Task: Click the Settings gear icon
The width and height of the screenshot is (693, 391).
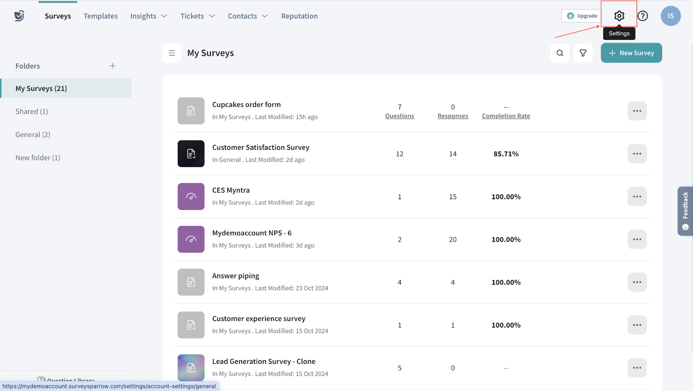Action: pyautogui.click(x=619, y=16)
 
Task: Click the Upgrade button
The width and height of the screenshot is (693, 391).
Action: pyautogui.click(x=582, y=16)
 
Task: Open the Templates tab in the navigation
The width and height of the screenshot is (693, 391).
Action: pyautogui.click(x=100, y=16)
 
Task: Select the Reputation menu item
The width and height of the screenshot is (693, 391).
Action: pyautogui.click(x=299, y=16)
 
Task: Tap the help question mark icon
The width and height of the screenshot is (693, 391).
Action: pyautogui.click(x=643, y=16)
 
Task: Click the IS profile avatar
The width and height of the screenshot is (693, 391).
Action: pyautogui.click(x=670, y=16)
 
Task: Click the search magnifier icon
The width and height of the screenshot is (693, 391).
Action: pyautogui.click(x=560, y=53)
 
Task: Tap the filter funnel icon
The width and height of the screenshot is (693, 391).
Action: pyautogui.click(x=583, y=53)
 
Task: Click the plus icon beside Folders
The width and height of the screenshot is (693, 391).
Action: pyautogui.click(x=113, y=66)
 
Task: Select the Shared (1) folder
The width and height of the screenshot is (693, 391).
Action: pyautogui.click(x=32, y=111)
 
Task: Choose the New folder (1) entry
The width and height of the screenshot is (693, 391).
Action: pyautogui.click(x=38, y=158)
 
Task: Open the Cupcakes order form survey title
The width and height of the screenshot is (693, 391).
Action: pyautogui.click(x=246, y=104)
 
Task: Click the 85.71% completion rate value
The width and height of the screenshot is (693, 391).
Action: pyautogui.click(x=506, y=154)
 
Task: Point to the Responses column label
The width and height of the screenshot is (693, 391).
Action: pyautogui.click(x=453, y=116)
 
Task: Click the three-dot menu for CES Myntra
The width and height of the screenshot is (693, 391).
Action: pyautogui.click(x=637, y=197)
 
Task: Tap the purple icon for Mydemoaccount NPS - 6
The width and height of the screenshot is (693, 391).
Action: pyautogui.click(x=191, y=239)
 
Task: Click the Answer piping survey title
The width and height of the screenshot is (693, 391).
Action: pyautogui.click(x=236, y=276)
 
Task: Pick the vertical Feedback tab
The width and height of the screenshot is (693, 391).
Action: pyautogui.click(x=685, y=211)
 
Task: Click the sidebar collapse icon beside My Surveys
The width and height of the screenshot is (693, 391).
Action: pyautogui.click(x=172, y=53)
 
